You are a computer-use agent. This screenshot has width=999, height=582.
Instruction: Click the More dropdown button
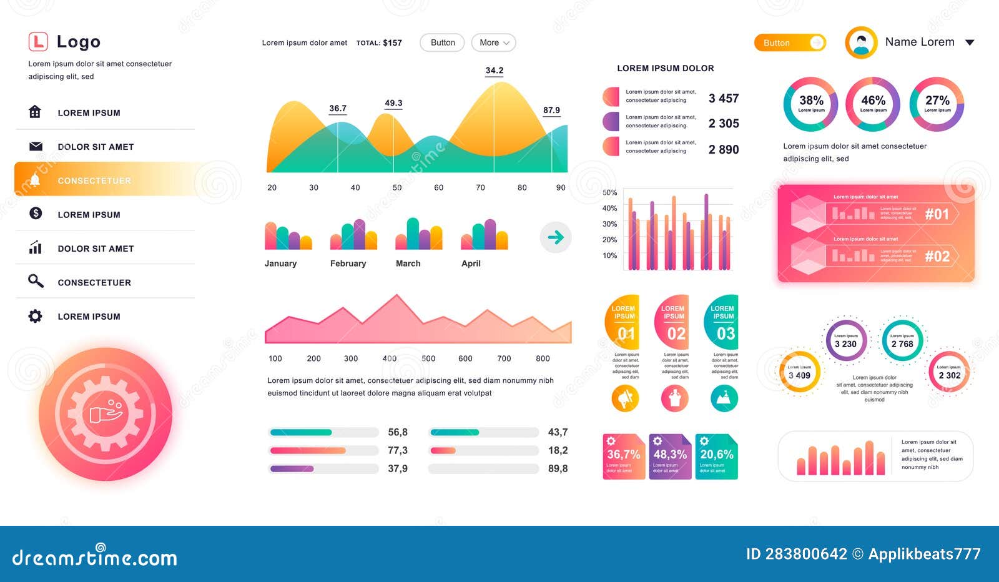tap(493, 42)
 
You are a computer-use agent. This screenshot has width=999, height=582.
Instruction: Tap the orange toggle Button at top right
tap(789, 42)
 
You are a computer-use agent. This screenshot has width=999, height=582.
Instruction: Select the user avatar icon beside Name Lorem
tap(861, 42)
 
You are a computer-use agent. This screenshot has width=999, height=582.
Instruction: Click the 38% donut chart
tap(811, 104)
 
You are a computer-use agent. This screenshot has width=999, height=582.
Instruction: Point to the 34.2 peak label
tap(494, 71)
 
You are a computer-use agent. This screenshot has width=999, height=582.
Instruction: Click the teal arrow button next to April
tap(555, 237)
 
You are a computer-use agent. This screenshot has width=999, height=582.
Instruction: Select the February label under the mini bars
tap(348, 264)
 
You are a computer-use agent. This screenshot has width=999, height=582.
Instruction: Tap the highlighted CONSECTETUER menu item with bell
tap(94, 180)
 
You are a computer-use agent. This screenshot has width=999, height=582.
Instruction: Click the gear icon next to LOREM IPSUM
tap(36, 316)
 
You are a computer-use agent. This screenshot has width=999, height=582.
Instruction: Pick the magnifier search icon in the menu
tap(36, 281)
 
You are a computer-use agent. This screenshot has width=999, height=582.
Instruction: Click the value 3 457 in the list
tap(723, 98)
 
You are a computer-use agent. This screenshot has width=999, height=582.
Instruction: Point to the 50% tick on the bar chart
tap(609, 192)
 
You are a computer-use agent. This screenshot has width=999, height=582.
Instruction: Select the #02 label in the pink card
tap(937, 256)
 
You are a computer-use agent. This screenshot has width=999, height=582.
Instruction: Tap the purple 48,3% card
tap(670, 456)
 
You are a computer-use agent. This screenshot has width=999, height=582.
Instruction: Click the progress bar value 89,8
tap(558, 468)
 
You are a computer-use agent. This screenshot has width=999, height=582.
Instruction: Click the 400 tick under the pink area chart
tap(390, 358)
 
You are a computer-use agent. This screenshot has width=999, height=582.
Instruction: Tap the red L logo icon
tap(38, 42)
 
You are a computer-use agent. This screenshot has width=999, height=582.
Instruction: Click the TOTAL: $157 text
tap(379, 43)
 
